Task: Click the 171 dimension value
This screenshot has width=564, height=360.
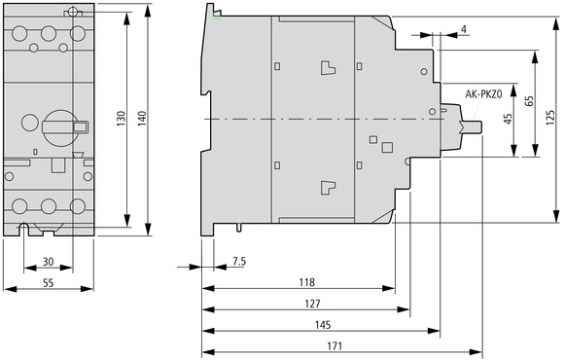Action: (335, 346)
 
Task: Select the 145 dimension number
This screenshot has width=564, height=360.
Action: (323, 325)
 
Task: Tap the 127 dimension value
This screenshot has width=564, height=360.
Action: (312, 304)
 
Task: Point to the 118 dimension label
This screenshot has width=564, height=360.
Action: (307, 282)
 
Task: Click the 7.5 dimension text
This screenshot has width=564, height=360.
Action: (239, 262)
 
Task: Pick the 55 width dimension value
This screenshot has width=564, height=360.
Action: (49, 283)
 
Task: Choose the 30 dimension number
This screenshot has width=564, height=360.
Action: (49, 262)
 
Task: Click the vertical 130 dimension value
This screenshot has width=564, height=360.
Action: (122, 119)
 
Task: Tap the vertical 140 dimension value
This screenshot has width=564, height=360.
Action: (142, 119)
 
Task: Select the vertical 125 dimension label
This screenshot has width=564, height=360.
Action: (550, 118)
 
